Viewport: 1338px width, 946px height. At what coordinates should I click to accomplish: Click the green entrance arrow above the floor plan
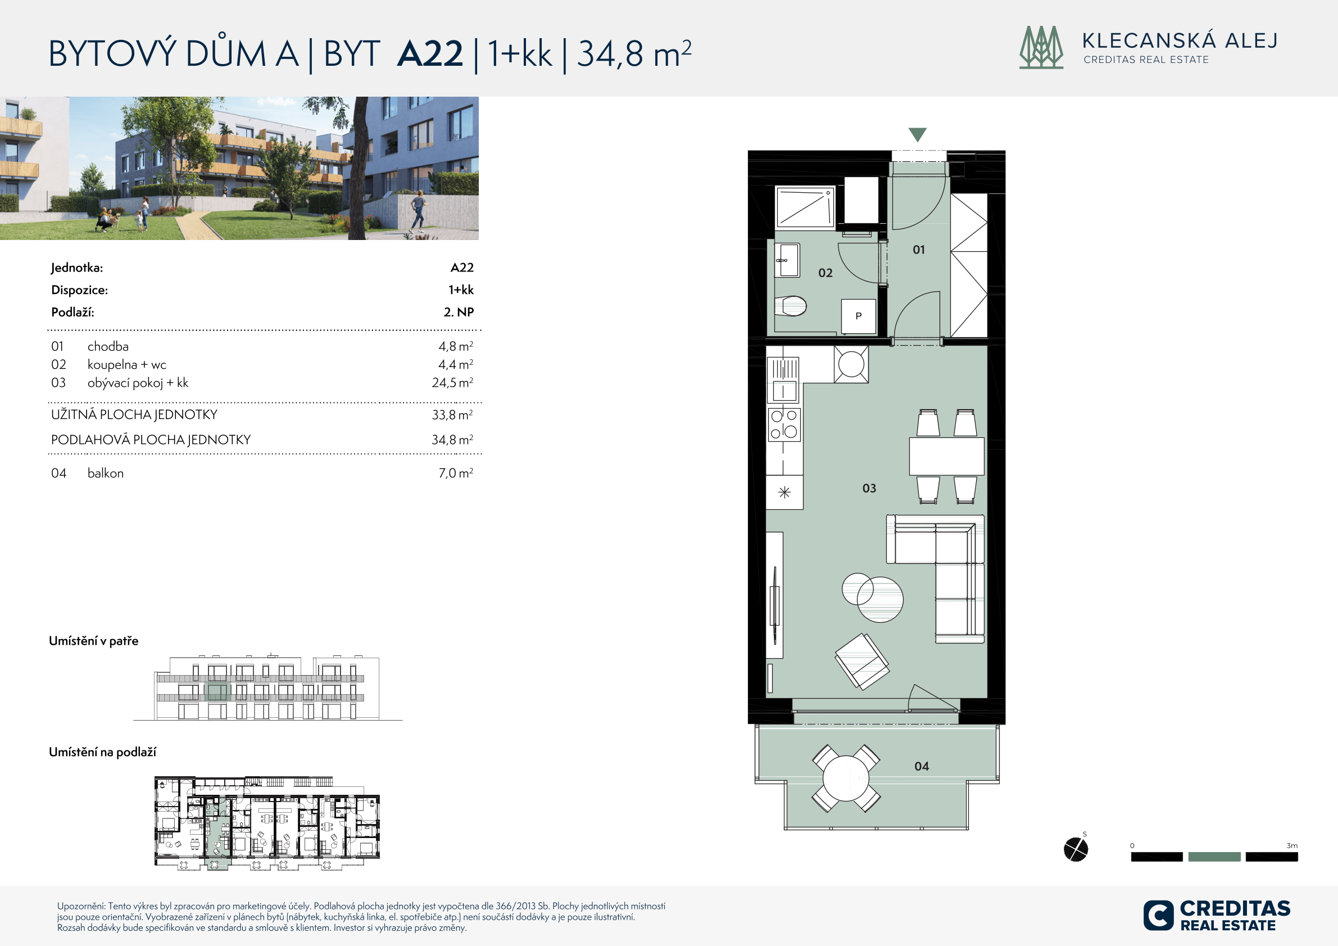pyautogui.click(x=917, y=134)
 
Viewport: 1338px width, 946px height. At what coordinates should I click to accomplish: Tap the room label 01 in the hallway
pyautogui.click(x=918, y=250)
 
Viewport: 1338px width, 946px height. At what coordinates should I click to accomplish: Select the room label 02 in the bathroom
pyautogui.click(x=825, y=273)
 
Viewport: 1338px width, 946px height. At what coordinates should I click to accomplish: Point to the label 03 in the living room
pyautogui.click(x=869, y=488)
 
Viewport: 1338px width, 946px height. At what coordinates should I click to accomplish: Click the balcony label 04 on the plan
pyautogui.click(x=922, y=767)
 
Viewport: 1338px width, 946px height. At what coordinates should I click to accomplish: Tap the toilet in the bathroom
pyautogui.click(x=790, y=305)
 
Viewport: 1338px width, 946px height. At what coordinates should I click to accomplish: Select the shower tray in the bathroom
pyautogui.click(x=805, y=207)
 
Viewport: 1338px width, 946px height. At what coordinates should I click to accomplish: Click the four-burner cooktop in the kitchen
pyautogui.click(x=784, y=424)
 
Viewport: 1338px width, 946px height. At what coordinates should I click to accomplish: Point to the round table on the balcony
pyautogui.click(x=846, y=778)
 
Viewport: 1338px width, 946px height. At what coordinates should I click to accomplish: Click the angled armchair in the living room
pyautogui.click(x=862, y=662)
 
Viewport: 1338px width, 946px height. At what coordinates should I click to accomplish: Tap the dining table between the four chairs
pyautogui.click(x=946, y=456)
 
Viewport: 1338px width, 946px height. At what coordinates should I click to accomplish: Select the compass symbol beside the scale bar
pyautogui.click(x=1076, y=849)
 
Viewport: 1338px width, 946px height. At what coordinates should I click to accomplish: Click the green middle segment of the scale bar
pyautogui.click(x=1214, y=857)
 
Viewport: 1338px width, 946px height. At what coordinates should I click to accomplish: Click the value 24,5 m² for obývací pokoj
pyautogui.click(x=452, y=383)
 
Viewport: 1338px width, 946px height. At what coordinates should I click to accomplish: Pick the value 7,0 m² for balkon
pyautogui.click(x=456, y=473)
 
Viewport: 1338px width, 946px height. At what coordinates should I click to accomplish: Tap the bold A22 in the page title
pyautogui.click(x=430, y=53)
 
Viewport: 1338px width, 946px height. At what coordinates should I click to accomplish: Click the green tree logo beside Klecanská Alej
pyautogui.click(x=1041, y=47)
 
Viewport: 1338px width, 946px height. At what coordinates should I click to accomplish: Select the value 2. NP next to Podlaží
pyautogui.click(x=459, y=313)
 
